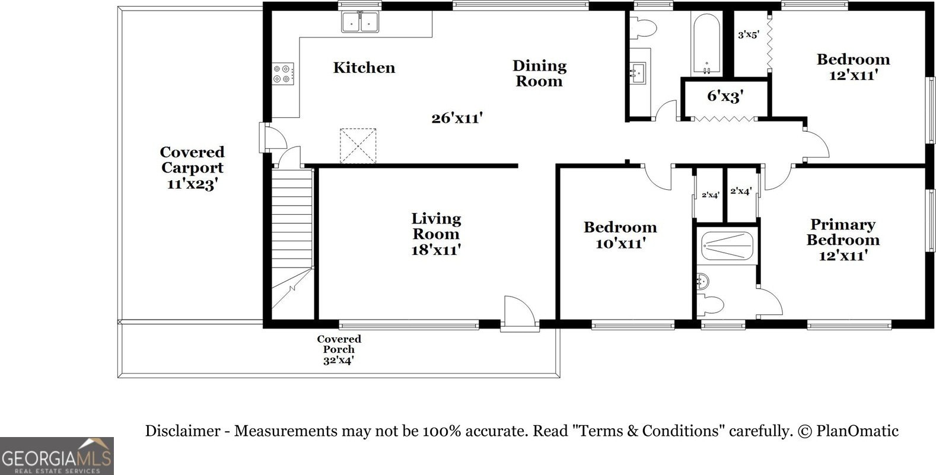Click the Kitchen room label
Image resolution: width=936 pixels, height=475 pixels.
(x=364, y=68)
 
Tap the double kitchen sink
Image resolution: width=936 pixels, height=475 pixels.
(x=360, y=22)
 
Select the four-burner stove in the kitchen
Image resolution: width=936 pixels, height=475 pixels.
(x=283, y=74)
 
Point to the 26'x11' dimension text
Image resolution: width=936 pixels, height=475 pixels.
(x=457, y=118)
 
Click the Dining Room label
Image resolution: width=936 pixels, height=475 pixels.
(x=539, y=73)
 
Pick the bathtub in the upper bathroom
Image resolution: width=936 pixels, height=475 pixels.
(x=706, y=44)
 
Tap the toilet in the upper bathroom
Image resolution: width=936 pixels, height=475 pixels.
(x=642, y=27)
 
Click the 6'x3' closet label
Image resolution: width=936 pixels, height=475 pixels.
(x=725, y=97)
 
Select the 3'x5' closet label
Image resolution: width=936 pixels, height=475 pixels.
(x=749, y=34)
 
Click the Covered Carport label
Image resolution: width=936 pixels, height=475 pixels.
(x=192, y=167)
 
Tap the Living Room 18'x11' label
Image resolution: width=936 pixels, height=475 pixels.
(x=436, y=234)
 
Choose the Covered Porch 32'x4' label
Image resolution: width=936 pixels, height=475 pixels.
(x=339, y=350)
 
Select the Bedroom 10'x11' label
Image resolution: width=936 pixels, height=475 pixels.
(x=620, y=235)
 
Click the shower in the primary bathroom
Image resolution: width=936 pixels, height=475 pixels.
(x=727, y=246)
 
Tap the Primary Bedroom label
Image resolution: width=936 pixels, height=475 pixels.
(x=843, y=240)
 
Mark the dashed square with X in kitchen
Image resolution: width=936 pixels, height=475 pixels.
(x=358, y=146)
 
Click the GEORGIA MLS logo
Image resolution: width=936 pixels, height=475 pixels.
(x=57, y=456)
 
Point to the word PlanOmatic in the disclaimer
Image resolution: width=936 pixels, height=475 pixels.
(x=858, y=431)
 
